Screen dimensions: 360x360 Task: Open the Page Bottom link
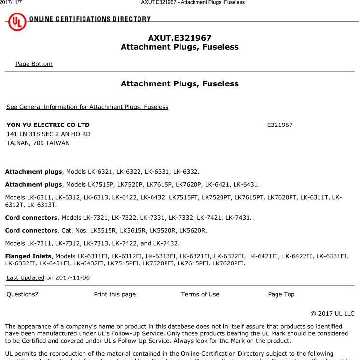tap(34, 64)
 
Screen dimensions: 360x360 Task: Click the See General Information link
tap(87, 107)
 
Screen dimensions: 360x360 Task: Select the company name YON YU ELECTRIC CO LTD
tap(48, 125)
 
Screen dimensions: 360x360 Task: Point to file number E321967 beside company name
tap(280, 125)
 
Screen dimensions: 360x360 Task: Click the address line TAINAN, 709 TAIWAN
tap(38, 143)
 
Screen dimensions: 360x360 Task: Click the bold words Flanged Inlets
tap(28, 256)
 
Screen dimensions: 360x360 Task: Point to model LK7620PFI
tap(229, 263)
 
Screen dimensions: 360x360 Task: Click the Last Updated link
tap(25, 277)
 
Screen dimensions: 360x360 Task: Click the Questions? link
tap(22, 294)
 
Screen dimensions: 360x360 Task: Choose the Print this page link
tap(114, 294)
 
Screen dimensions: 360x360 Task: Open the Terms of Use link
tap(200, 294)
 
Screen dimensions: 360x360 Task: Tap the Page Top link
tap(281, 294)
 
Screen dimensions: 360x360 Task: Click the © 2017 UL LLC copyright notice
tap(332, 313)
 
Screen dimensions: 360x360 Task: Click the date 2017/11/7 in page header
tap(11, 2)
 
